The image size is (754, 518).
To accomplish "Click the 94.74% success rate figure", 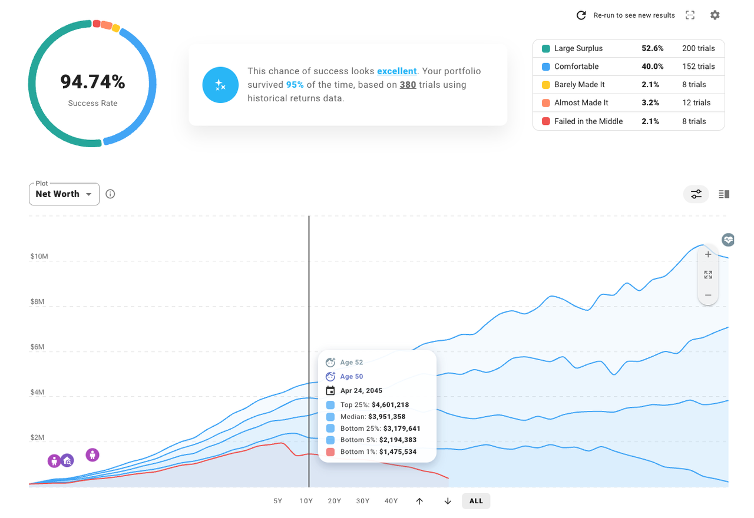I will click(x=92, y=82).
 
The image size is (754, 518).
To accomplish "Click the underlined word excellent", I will click(x=396, y=71).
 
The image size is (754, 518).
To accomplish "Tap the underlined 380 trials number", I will click(x=408, y=85).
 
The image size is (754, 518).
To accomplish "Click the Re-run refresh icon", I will click(x=581, y=15).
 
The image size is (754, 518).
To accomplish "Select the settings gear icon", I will click(x=715, y=15).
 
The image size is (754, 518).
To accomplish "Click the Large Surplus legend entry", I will click(x=578, y=48).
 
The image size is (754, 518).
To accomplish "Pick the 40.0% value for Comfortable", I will click(x=652, y=67).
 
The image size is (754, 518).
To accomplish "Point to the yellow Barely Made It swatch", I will click(x=545, y=85).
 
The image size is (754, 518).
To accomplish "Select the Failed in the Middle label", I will click(x=588, y=121).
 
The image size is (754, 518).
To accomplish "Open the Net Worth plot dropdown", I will click(x=64, y=194).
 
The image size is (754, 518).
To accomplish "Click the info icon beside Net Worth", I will click(x=110, y=194).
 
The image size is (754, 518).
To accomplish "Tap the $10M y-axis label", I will click(x=40, y=257).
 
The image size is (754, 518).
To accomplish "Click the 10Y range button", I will click(x=306, y=501).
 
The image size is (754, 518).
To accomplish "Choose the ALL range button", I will click(x=476, y=501).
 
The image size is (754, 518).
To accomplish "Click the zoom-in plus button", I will click(x=708, y=255).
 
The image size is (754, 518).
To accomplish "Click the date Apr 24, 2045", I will click(x=362, y=391).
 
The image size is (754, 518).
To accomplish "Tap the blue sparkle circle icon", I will click(x=220, y=85).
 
